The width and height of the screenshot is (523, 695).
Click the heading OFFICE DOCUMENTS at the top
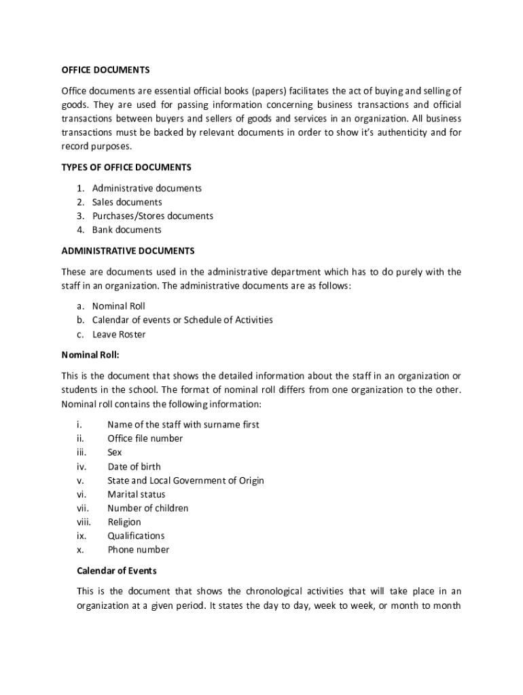coord(105,70)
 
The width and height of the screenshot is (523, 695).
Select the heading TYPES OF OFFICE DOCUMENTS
coord(126,167)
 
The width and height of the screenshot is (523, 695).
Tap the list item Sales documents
coord(127,202)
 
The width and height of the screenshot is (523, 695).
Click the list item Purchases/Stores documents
coord(152,216)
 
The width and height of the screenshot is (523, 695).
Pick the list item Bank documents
coord(126,230)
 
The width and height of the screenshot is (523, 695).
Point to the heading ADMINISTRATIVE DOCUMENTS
coord(128,251)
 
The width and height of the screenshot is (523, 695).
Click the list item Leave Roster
coord(118,334)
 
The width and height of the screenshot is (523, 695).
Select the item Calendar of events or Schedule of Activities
coord(182,320)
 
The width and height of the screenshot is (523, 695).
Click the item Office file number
coord(145,438)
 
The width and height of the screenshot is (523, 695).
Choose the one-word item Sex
coord(115,453)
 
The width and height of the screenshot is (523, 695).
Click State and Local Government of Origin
coord(185,481)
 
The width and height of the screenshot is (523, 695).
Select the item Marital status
coord(136,495)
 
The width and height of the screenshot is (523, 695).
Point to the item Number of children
coord(147,508)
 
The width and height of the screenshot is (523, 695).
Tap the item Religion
coord(124,523)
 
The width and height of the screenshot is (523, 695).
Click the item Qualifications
coord(136,536)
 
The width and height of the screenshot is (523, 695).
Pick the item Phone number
coord(138,550)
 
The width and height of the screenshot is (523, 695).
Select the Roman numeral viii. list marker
coord(84,523)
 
